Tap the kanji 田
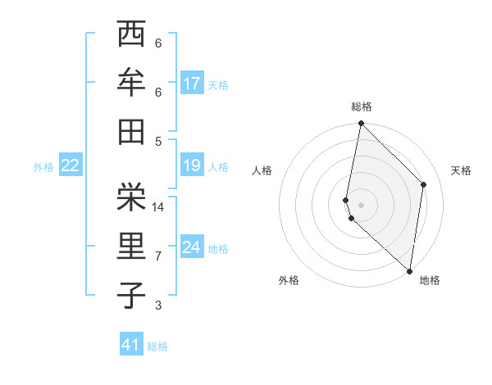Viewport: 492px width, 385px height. coord(131,131)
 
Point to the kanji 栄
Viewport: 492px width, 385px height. coord(131,197)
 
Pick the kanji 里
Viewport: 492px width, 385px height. coord(131,246)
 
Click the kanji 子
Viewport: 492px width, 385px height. coord(131,295)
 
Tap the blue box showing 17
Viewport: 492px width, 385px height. coord(192,84)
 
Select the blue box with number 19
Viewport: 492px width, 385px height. coord(192,165)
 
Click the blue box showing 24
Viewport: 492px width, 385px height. coord(192,247)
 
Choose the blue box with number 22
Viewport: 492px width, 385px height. coord(71,165)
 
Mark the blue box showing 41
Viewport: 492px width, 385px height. coord(131,345)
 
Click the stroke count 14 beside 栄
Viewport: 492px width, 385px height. coord(159,207)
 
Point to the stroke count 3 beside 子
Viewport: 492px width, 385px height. coord(158,306)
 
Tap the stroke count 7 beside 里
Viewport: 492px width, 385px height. coord(158,256)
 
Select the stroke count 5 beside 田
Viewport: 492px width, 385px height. coord(158,141)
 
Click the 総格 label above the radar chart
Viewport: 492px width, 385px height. coord(362,106)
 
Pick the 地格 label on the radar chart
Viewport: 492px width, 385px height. coord(430,280)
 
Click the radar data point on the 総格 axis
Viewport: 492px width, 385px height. coord(361,124)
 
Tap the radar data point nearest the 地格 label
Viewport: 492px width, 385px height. coord(409,270)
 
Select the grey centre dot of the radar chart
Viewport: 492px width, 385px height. coord(361,204)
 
